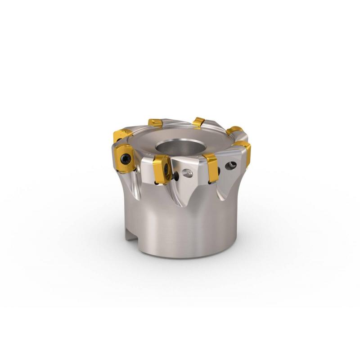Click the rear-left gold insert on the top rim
pyautogui.click(x=155, y=123)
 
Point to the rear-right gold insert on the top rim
pyautogui.click(x=198, y=122)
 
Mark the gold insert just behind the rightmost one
pyautogui.click(x=234, y=131)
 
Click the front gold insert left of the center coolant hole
pyautogui.click(x=161, y=170)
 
